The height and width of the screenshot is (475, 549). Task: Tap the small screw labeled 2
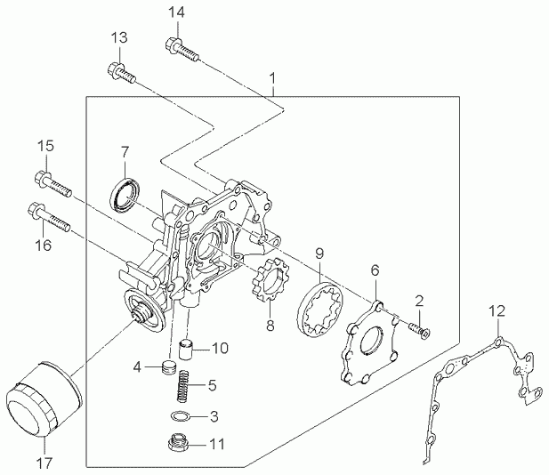(x=420, y=331)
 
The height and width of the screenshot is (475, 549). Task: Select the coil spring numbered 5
(x=184, y=386)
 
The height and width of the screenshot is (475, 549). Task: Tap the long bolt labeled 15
(x=53, y=183)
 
